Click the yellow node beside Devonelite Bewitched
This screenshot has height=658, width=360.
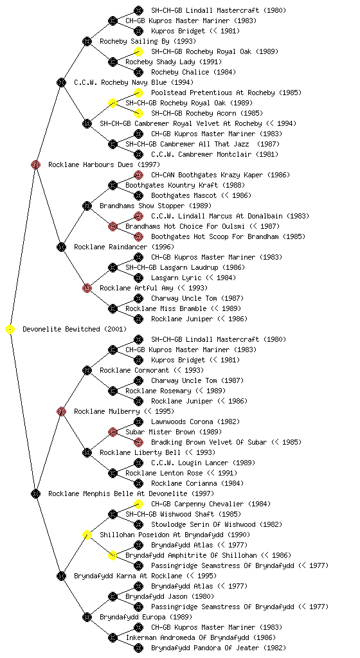click(10, 330)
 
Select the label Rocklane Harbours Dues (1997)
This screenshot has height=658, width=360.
click(104, 165)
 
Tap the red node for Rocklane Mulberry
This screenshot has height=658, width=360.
click(61, 411)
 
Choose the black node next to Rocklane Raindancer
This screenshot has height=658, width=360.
click(61, 247)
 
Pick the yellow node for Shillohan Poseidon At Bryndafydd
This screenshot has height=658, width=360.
click(87, 535)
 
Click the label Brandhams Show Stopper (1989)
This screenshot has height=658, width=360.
click(156, 206)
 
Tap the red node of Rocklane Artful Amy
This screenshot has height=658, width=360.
click(87, 288)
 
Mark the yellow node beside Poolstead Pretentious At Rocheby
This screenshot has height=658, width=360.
click(138, 93)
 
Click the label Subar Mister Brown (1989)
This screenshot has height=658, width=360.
click(174, 432)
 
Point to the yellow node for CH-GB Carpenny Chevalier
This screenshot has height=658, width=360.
click(138, 504)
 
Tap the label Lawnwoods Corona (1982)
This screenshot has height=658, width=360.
click(195, 422)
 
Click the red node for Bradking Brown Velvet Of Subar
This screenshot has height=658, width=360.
click(138, 442)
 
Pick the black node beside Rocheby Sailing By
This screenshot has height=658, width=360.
click(87, 41)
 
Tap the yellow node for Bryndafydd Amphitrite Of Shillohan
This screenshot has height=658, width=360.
click(113, 555)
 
